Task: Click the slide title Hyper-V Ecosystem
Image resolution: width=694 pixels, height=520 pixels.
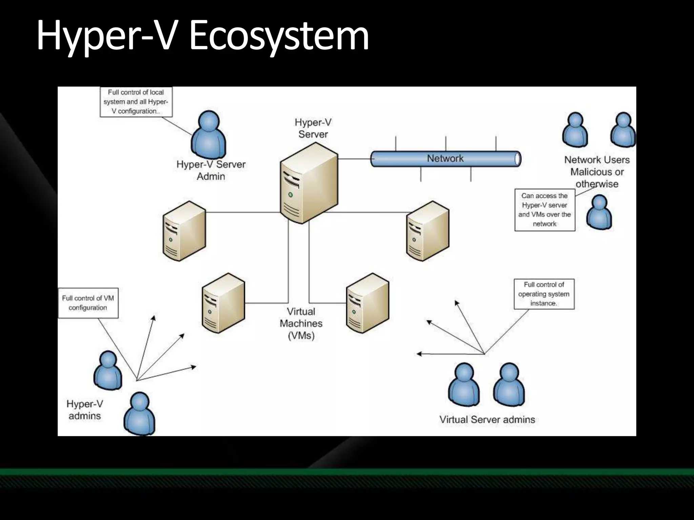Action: pos(202,36)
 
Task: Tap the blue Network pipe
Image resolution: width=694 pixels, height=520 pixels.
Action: pos(445,159)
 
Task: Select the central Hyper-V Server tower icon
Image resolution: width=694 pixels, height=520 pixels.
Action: pos(309,183)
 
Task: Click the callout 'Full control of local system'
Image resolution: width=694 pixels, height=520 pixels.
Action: pos(136,102)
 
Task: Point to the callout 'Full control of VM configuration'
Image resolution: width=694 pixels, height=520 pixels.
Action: pos(88,303)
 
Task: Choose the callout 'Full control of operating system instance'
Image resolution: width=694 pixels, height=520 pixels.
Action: pos(544,294)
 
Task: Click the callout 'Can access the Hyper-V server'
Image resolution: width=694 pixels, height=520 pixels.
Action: pos(545,210)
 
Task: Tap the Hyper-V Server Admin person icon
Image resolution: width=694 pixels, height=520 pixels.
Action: pos(208,135)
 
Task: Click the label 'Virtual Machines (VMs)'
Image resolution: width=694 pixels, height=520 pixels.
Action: pos(301,323)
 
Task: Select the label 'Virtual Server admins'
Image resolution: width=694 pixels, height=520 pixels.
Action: pos(487,419)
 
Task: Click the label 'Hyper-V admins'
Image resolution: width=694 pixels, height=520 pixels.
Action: pos(85,410)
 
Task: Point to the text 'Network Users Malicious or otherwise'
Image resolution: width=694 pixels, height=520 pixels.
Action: pos(597,172)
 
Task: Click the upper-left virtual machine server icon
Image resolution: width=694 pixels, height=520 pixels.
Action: pos(184,231)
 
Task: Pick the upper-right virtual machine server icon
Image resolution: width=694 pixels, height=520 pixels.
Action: pos(428,231)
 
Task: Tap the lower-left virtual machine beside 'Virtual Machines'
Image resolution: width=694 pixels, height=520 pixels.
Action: pos(223,303)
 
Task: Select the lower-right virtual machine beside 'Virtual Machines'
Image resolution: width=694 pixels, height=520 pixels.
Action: pos(368,303)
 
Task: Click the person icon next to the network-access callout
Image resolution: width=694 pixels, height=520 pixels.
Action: pos(599,213)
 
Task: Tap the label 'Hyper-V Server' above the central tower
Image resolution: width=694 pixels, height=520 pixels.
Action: pos(313,128)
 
